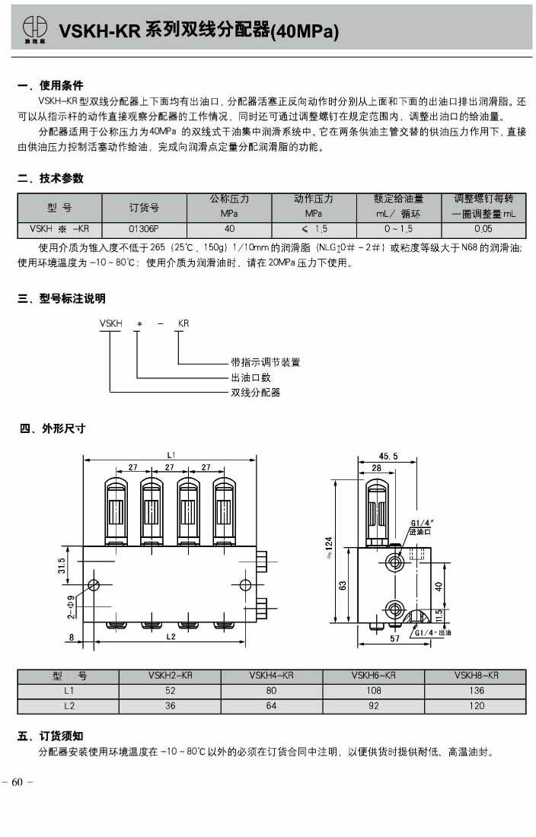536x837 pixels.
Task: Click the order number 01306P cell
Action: [x=145, y=228]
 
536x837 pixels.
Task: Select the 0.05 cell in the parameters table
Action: [x=483, y=228]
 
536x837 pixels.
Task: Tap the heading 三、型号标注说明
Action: [x=62, y=298]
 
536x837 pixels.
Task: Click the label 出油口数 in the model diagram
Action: [x=251, y=377]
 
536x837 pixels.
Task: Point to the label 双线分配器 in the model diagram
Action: [x=256, y=393]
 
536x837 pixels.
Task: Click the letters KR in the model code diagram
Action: [x=183, y=323]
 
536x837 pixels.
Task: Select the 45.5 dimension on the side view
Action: [x=390, y=457]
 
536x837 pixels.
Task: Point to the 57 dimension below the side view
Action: [x=394, y=639]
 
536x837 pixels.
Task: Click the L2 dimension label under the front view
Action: [x=171, y=635]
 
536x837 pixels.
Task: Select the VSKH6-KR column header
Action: [x=373, y=675]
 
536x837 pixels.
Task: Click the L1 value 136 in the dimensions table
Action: [x=476, y=691]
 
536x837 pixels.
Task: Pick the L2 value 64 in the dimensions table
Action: [x=272, y=706]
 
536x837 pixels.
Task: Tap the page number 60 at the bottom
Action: [x=18, y=783]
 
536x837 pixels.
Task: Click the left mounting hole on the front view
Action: [x=94, y=584]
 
